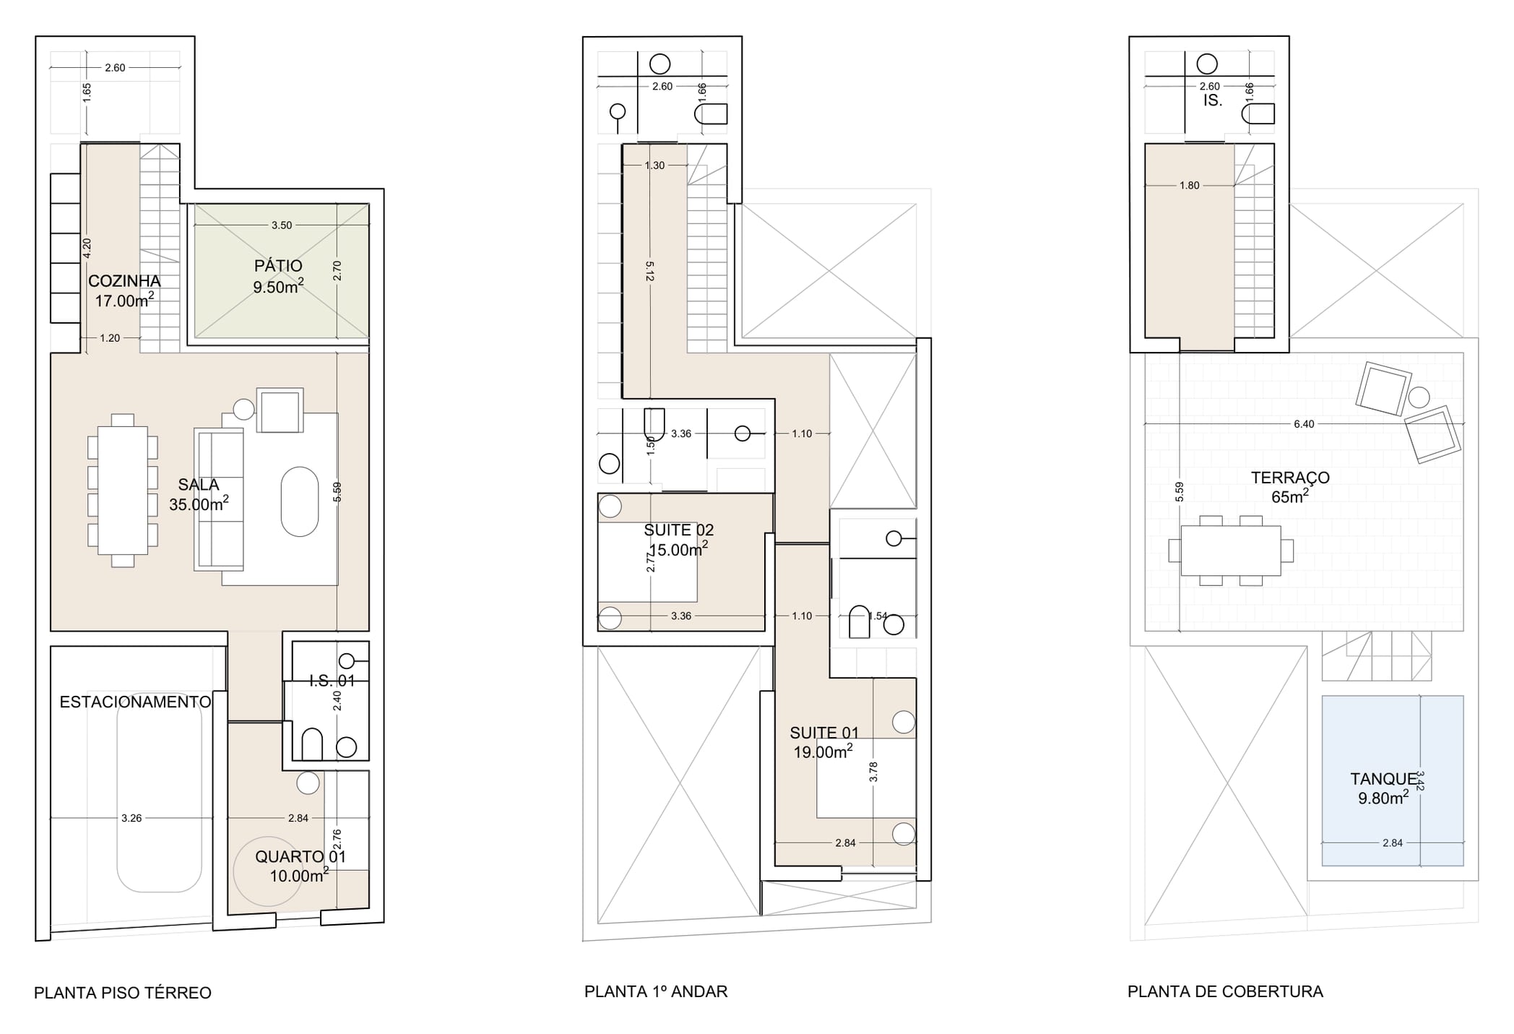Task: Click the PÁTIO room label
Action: [278, 266]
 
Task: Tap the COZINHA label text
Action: [124, 281]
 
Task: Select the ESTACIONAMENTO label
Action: [135, 702]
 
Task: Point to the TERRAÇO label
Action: [1290, 478]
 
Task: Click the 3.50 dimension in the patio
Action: [282, 225]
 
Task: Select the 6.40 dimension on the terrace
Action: [1304, 424]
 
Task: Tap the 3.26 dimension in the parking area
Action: [131, 818]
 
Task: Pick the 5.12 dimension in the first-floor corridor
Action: [650, 272]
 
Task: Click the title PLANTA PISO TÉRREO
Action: [123, 993]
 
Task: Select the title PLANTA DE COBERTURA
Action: [1225, 991]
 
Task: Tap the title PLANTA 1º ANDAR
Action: [656, 991]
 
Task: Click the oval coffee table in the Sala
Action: [300, 501]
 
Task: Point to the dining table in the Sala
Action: [123, 490]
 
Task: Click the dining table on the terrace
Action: [1231, 551]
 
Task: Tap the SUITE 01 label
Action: [824, 733]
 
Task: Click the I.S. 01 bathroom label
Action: [332, 680]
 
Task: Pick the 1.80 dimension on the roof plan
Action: [1189, 186]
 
